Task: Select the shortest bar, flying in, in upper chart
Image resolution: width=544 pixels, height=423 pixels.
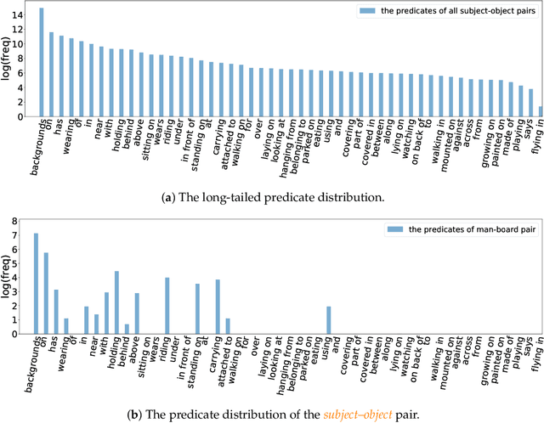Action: pyautogui.click(x=541, y=111)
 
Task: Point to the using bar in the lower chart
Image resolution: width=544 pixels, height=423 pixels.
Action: pyautogui.click(x=328, y=320)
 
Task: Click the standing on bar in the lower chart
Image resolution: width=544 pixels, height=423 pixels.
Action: pyautogui.click(x=197, y=308)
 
